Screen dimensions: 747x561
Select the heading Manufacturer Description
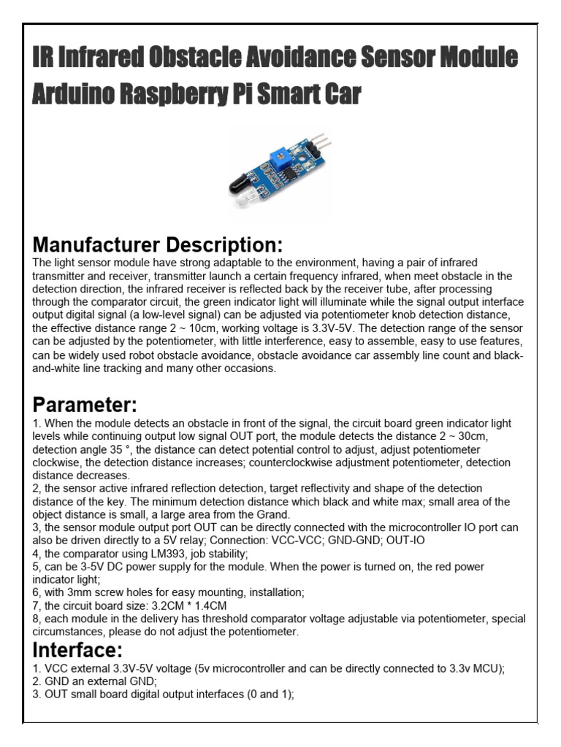pos(157,244)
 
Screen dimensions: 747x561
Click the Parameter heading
pos(85,404)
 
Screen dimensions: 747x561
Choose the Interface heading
pos(77,649)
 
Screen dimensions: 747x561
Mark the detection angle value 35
pos(126,449)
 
